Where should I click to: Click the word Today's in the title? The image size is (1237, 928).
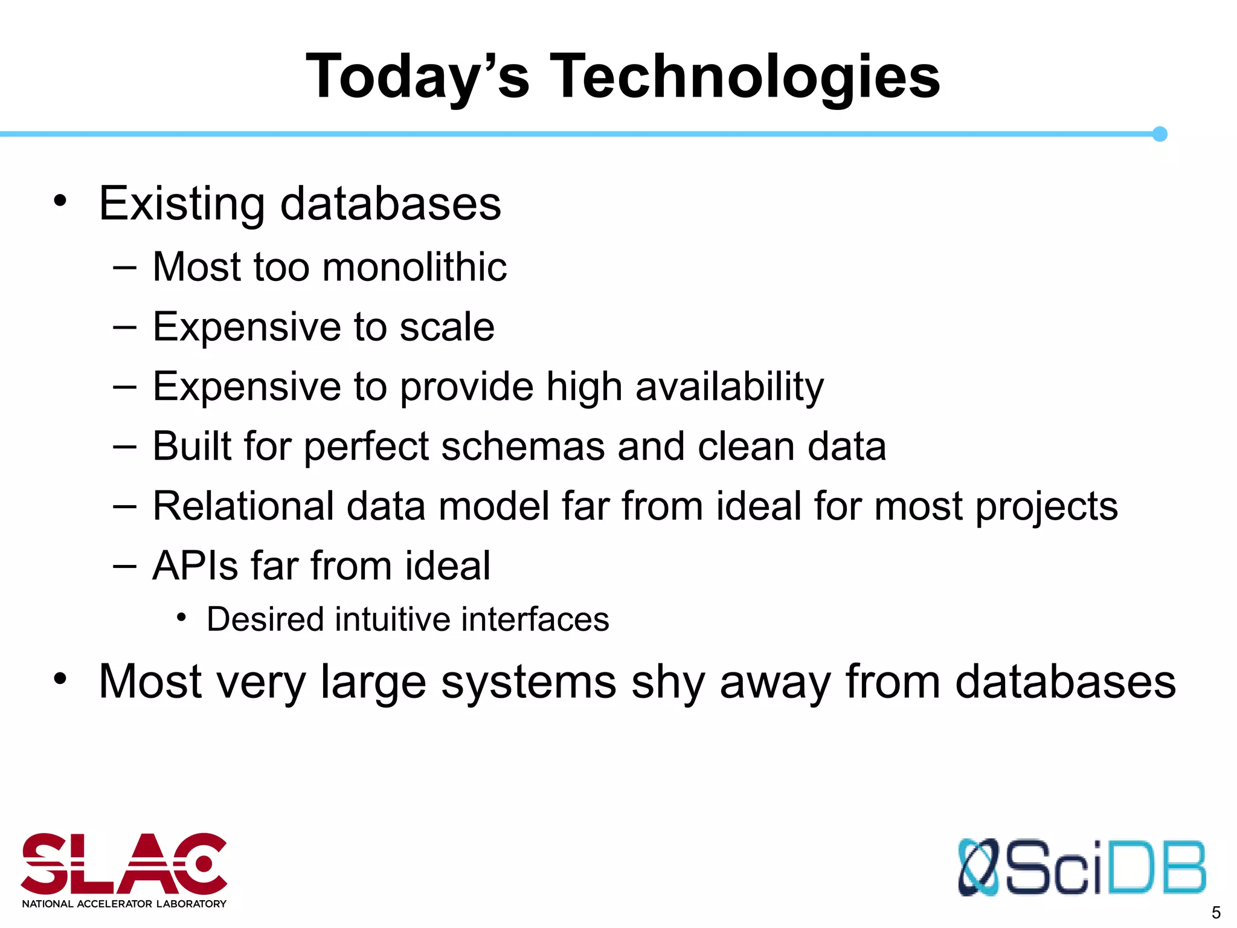(417, 77)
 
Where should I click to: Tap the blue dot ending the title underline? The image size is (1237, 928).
(1159, 134)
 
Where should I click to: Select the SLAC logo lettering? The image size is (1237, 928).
(124, 864)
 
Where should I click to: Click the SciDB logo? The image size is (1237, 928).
(1081, 868)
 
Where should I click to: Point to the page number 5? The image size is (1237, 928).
(1216, 912)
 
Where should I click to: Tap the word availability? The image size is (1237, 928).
(729, 387)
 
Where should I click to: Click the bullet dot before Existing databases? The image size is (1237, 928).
(60, 201)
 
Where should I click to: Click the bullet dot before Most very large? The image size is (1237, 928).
(60, 678)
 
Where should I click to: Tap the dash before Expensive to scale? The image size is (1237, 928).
(124, 327)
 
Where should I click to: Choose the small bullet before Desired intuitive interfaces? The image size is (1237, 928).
(181, 617)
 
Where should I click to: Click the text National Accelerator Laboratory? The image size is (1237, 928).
(124, 904)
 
